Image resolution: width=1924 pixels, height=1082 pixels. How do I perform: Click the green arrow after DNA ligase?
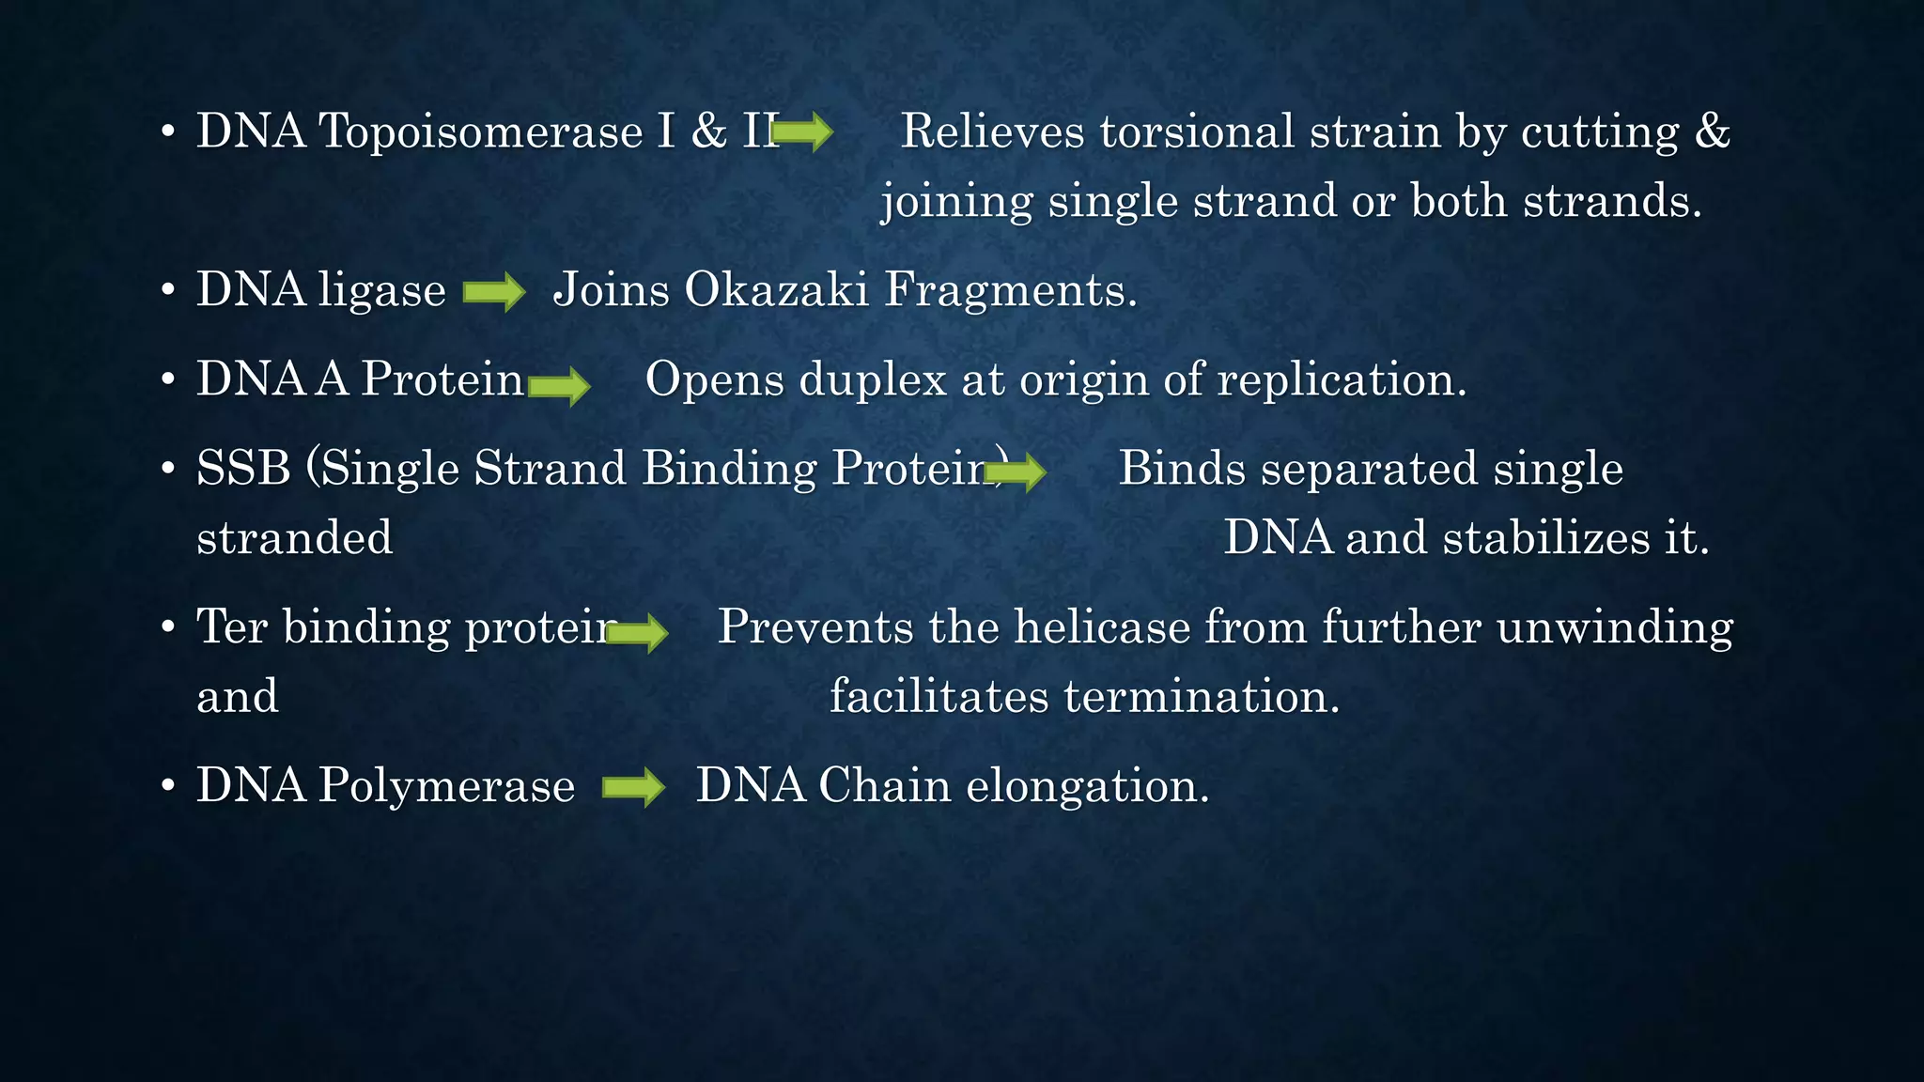coord(494,291)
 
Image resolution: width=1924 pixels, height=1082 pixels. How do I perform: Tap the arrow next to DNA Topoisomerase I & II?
coord(803,131)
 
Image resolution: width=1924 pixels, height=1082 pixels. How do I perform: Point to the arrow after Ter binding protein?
coord(638,632)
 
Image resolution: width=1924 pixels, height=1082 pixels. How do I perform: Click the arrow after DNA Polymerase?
coord(633,787)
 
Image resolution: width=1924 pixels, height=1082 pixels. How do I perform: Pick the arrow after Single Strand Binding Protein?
coord(1016,471)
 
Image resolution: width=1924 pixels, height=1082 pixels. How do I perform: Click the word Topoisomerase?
coord(481,131)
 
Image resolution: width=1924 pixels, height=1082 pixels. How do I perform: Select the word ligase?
coord(381,290)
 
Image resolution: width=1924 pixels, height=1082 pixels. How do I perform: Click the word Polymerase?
coord(446,785)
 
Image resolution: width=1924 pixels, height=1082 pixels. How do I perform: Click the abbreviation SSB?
coord(243,468)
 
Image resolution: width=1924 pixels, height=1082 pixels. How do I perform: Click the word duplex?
coord(873,380)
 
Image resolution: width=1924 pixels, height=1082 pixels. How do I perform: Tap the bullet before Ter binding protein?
coord(168,627)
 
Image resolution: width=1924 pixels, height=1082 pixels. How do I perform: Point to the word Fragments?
coord(1011,289)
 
